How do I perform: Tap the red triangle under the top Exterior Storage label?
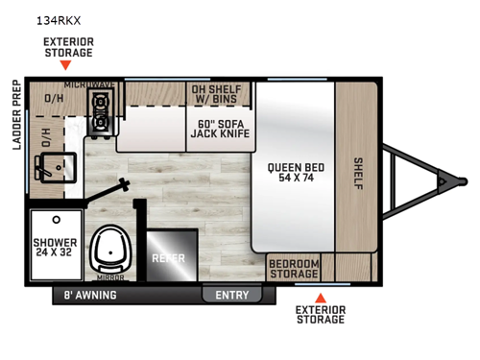[65, 66]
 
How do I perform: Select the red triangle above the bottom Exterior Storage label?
[322, 298]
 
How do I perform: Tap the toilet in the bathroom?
[112, 247]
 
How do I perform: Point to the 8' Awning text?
[89, 296]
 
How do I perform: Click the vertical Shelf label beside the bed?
[358, 173]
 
